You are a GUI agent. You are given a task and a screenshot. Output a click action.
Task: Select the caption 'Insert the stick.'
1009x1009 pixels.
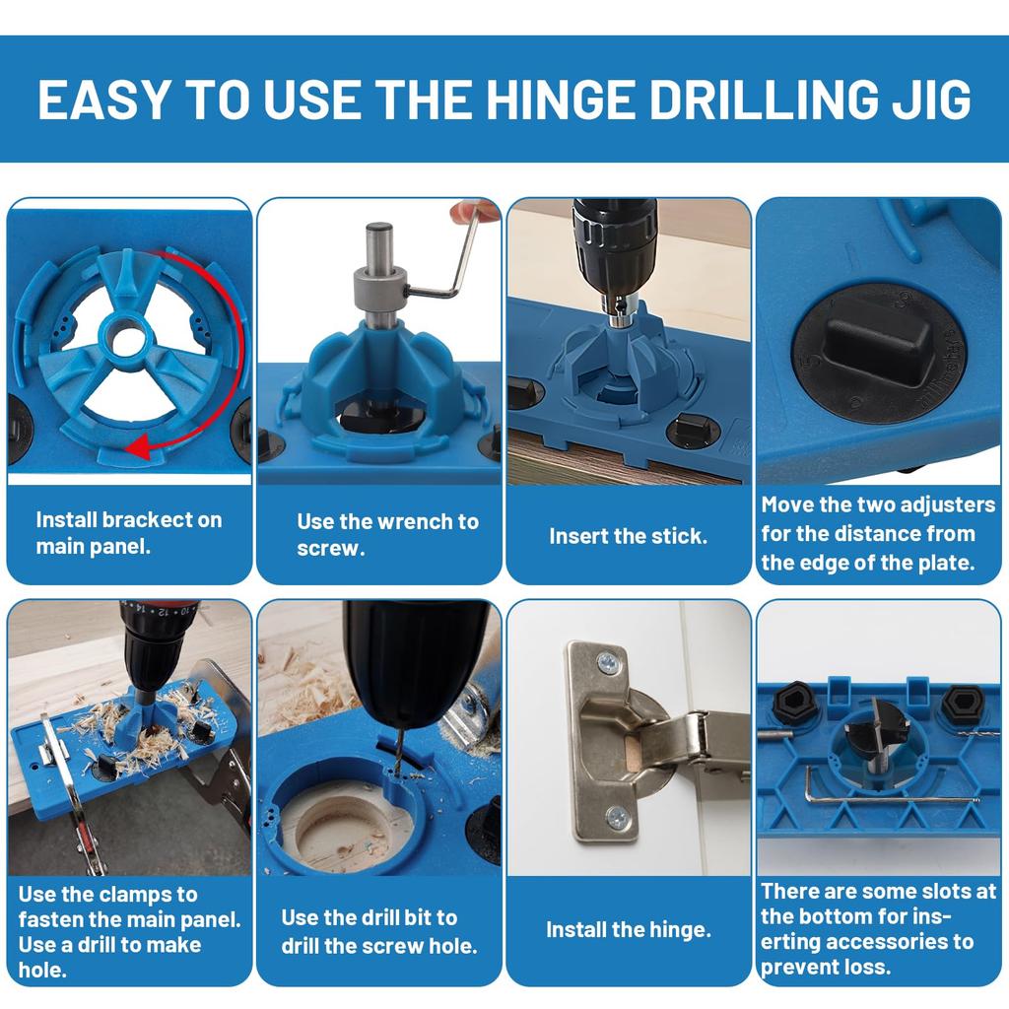(628, 537)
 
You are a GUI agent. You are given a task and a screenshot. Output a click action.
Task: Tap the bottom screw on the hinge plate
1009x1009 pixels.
(617, 815)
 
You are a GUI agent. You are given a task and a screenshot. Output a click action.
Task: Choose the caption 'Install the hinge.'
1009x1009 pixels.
(628, 930)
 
